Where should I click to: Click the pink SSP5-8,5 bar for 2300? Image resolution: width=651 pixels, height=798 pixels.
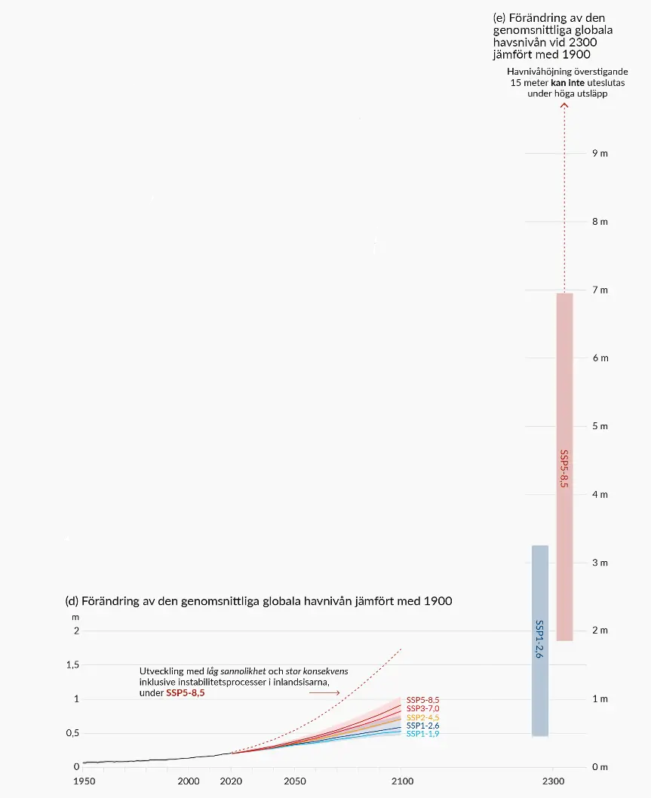(x=564, y=466)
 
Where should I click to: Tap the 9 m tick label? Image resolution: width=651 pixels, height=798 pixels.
(x=600, y=153)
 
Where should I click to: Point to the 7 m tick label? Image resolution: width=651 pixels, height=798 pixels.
(x=600, y=290)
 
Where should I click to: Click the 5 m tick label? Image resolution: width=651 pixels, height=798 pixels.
(x=600, y=426)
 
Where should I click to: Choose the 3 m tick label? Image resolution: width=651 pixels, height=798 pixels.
(x=600, y=563)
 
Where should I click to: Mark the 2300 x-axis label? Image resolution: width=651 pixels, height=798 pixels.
(x=553, y=781)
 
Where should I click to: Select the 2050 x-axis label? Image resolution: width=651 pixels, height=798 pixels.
(x=295, y=781)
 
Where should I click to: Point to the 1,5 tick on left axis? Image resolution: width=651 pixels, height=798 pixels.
(x=72, y=664)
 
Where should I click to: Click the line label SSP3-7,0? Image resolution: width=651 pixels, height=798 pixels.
(x=422, y=709)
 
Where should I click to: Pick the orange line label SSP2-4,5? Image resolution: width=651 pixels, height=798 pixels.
(x=422, y=717)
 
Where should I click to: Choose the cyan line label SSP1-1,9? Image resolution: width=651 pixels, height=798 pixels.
(x=422, y=734)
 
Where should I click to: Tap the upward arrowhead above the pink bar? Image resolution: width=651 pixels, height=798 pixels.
(x=564, y=106)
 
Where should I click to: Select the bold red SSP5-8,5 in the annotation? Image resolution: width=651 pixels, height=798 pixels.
(x=185, y=692)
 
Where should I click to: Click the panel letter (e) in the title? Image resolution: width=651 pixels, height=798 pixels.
(x=499, y=17)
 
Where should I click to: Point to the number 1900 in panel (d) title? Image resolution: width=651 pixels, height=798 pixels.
(x=438, y=601)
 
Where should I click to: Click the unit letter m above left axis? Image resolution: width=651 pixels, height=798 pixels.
(x=75, y=617)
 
